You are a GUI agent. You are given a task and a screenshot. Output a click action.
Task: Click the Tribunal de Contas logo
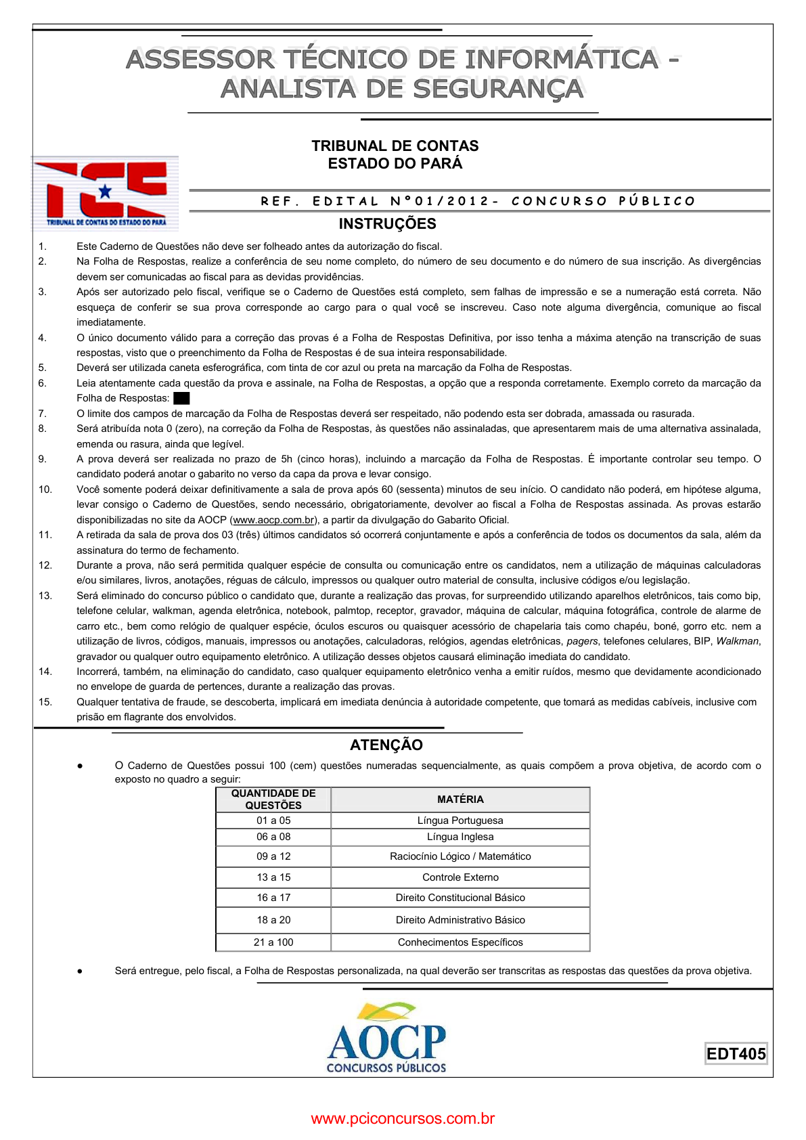105,194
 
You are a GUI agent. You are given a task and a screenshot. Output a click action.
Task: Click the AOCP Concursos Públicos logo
386,1038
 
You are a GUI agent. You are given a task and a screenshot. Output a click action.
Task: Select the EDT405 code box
736,1053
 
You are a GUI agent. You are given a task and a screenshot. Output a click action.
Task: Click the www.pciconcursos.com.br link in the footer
403,1118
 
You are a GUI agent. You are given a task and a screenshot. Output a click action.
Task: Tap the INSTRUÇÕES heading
387,223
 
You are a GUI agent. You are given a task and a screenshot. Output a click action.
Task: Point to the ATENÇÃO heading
386,745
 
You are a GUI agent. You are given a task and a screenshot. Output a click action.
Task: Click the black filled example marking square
181,398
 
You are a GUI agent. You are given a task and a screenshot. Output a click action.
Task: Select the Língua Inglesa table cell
460,837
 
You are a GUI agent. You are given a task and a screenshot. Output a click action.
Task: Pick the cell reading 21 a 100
273,942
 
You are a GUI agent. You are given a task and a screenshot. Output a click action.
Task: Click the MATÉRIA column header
460,799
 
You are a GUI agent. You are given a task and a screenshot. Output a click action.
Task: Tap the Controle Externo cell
460,877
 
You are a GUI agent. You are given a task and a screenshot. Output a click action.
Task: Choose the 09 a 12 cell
273,856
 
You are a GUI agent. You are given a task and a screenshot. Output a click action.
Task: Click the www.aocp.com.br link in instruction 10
273,520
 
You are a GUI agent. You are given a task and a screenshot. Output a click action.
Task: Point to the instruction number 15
45,702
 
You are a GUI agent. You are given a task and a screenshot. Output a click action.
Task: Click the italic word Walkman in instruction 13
737,641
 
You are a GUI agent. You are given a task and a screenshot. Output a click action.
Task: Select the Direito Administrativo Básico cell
460,919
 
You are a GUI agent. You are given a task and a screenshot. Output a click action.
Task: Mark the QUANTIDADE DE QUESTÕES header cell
273,799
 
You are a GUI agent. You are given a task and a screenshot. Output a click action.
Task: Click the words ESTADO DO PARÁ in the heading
395,164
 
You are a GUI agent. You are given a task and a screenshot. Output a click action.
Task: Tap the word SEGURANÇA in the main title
498,89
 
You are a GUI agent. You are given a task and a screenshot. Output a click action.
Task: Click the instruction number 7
42,414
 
